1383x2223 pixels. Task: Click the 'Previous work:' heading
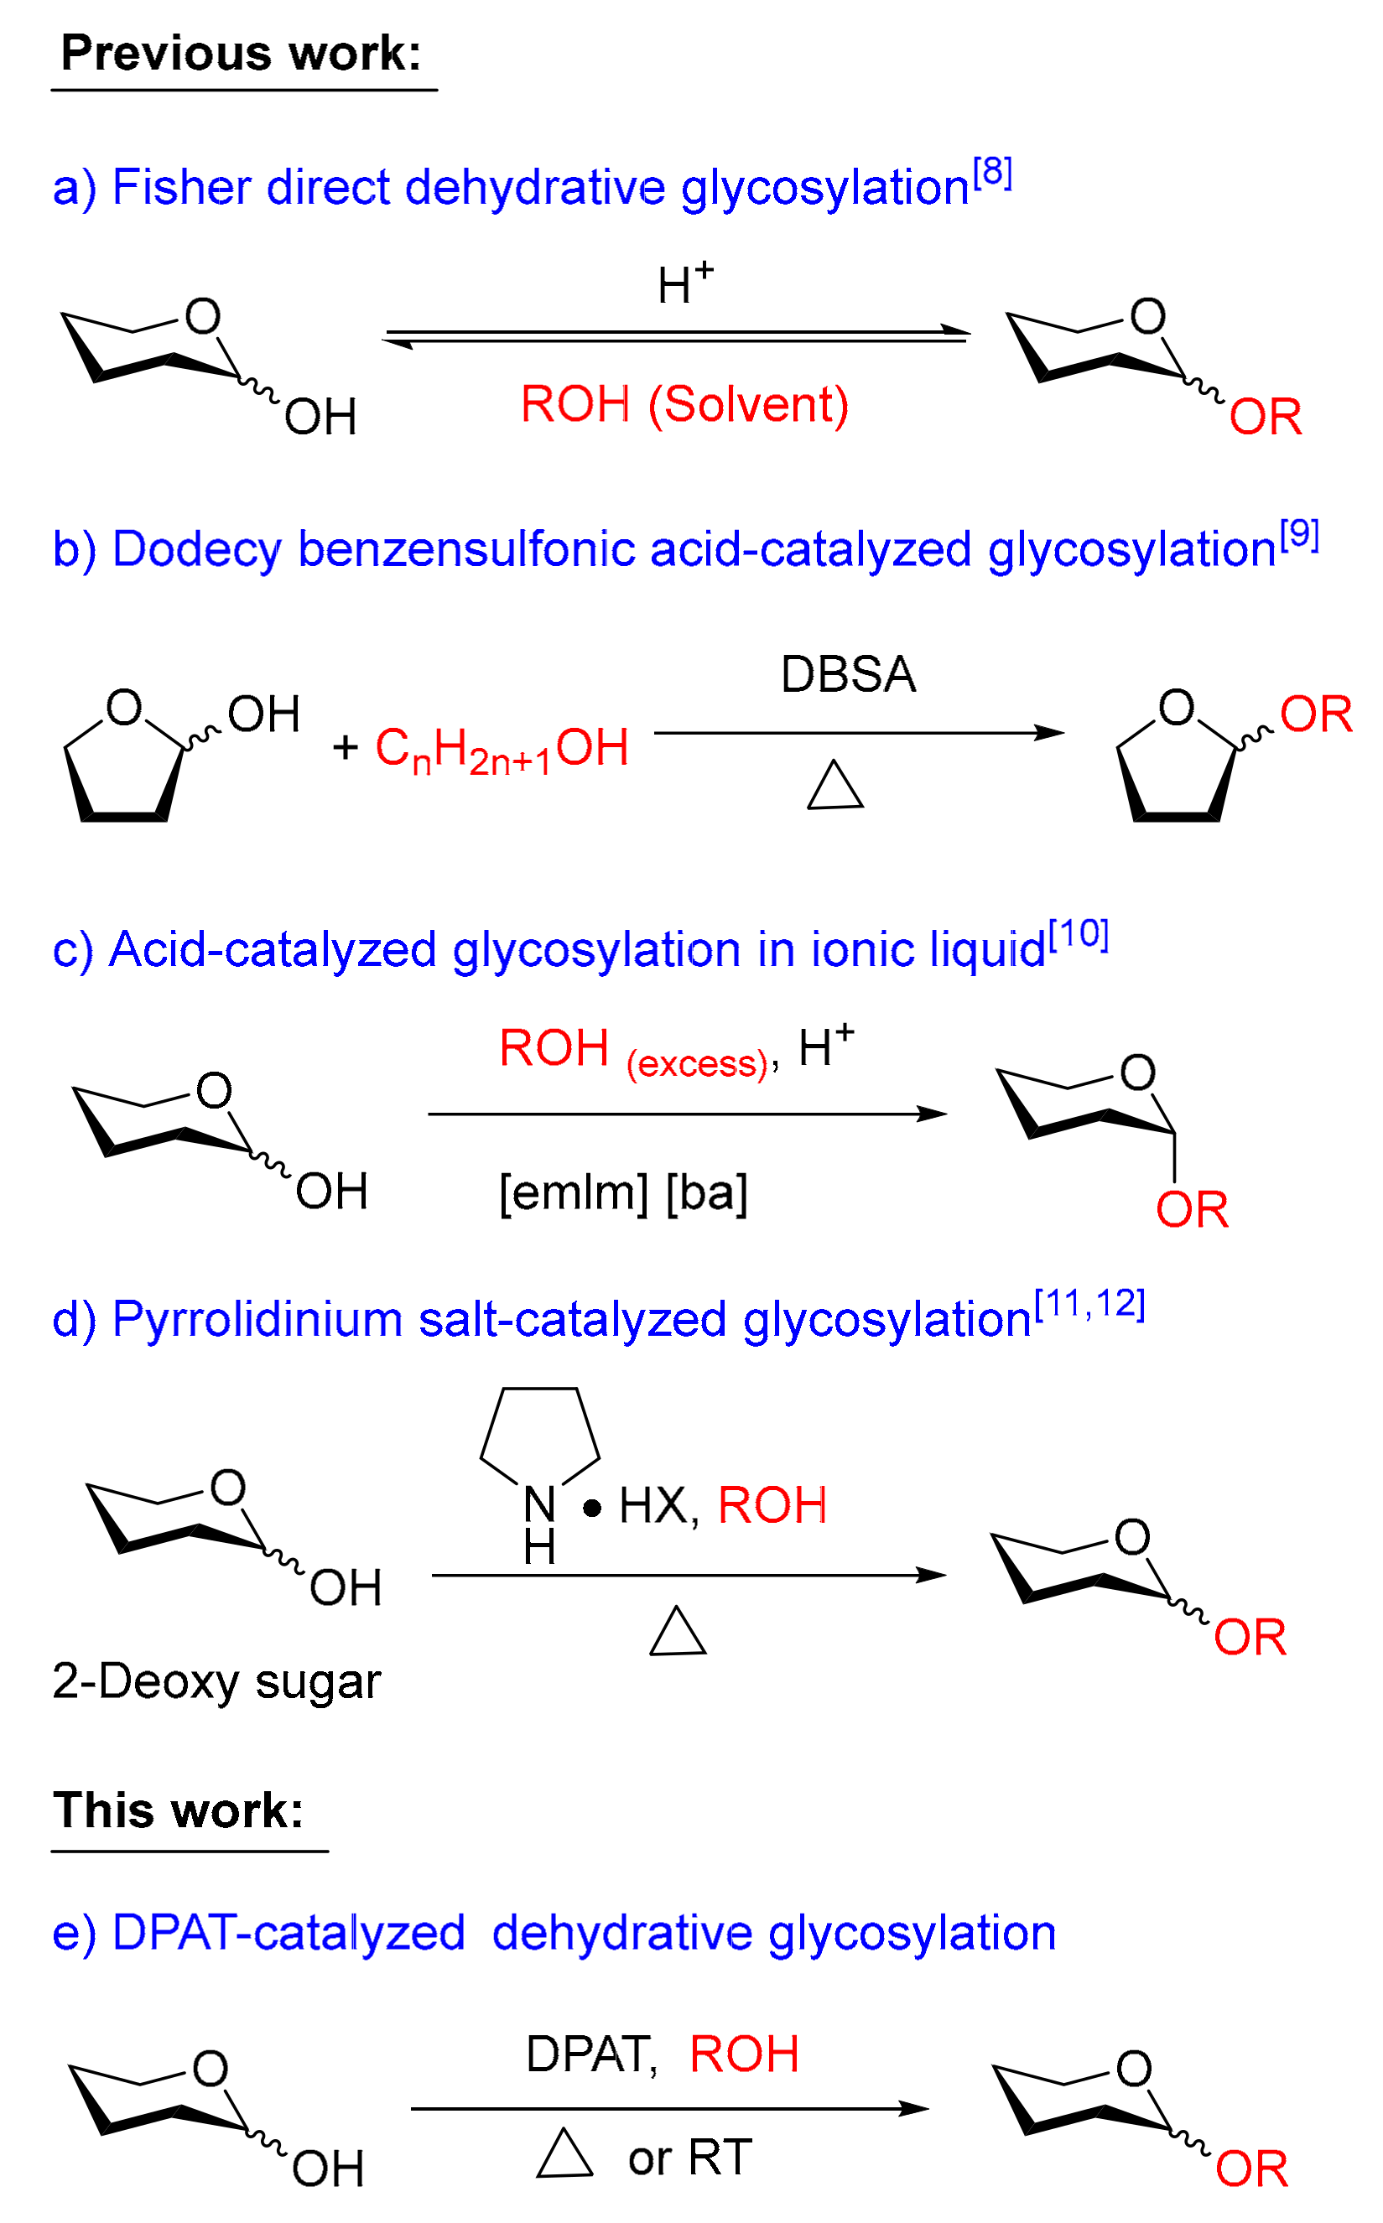click(x=241, y=53)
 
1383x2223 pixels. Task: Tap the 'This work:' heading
click(x=179, y=1810)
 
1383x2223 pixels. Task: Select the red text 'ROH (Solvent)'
click(x=684, y=404)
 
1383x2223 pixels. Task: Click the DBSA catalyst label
click(x=848, y=674)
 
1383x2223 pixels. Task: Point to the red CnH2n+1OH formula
click(x=502, y=749)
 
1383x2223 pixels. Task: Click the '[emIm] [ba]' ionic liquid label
click(x=623, y=1192)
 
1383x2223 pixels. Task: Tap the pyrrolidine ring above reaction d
click(x=539, y=1431)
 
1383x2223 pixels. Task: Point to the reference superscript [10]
click(x=1079, y=934)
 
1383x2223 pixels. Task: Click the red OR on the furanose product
click(x=1315, y=714)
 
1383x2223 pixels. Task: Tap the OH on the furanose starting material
click(x=263, y=714)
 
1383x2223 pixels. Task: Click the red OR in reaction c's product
click(x=1192, y=1210)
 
